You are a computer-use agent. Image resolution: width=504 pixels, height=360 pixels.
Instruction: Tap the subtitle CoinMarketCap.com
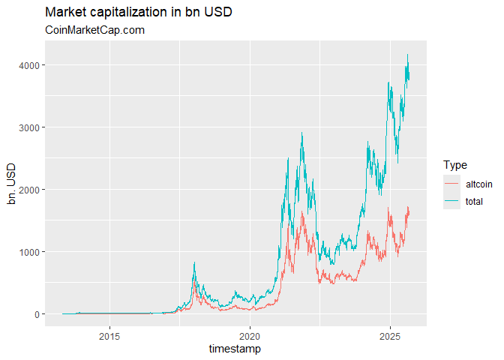(x=94, y=30)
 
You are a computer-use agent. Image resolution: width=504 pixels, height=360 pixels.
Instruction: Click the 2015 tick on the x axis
(x=110, y=334)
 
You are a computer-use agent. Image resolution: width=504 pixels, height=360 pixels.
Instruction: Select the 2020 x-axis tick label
(x=250, y=334)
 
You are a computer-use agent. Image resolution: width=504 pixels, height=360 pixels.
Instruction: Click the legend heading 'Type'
(x=455, y=165)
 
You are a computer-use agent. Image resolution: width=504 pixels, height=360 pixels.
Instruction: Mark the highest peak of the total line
(x=407, y=54)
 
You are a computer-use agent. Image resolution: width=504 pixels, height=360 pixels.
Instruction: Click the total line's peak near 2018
(x=194, y=262)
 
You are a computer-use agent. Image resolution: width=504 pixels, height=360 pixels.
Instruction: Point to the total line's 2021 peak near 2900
(x=301, y=133)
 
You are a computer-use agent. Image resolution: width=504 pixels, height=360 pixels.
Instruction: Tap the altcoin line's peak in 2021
(x=302, y=212)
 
